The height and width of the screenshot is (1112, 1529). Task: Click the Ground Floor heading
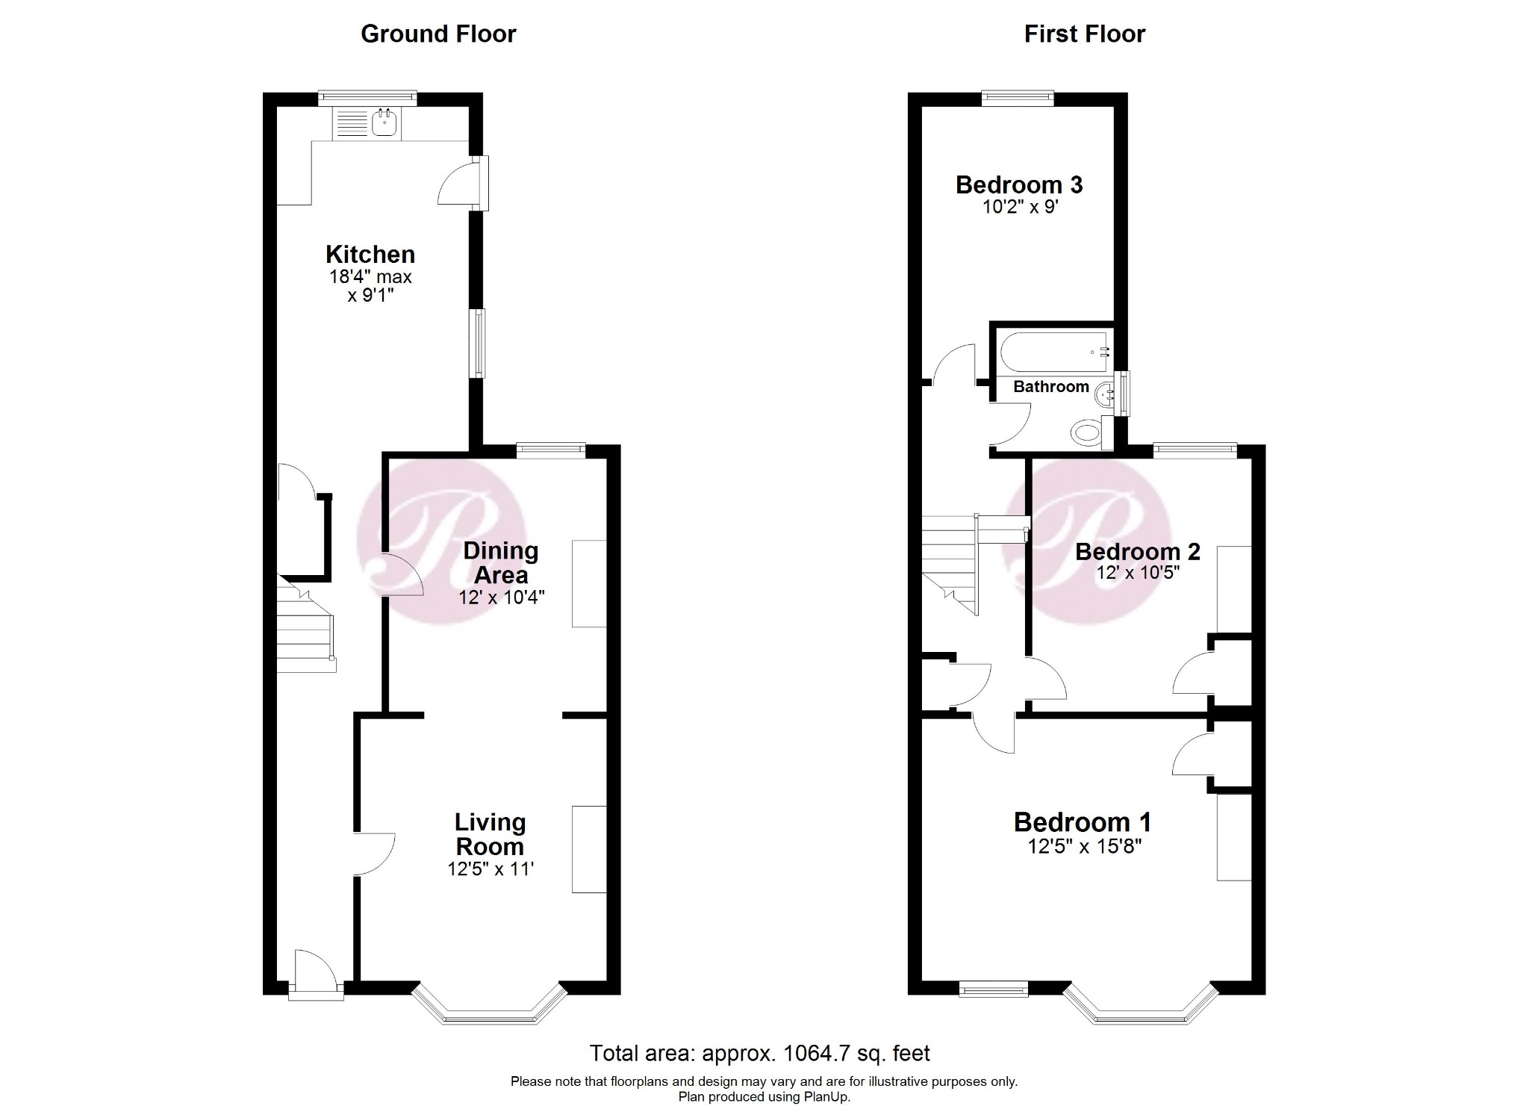pyautogui.click(x=438, y=34)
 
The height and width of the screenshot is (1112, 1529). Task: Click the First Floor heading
pyautogui.click(x=1084, y=34)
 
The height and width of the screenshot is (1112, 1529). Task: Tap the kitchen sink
pyautogui.click(x=384, y=123)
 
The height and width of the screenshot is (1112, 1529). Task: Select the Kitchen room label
pyautogui.click(x=370, y=255)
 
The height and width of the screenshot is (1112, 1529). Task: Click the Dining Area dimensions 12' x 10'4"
pyautogui.click(x=501, y=597)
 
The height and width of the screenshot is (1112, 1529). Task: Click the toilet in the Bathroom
pyautogui.click(x=1086, y=432)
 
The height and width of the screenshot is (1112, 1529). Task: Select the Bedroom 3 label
pyautogui.click(x=1018, y=185)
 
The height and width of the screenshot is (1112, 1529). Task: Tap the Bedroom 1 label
pyautogui.click(x=1082, y=822)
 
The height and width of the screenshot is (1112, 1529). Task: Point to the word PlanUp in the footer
pyautogui.click(x=826, y=1097)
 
